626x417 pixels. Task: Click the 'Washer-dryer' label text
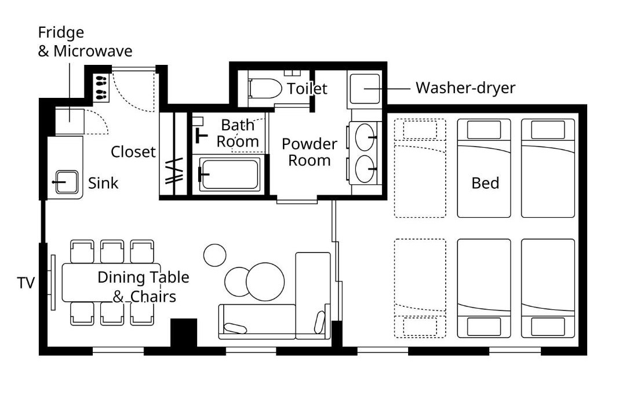pyautogui.click(x=465, y=88)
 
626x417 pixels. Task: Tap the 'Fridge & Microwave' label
pyautogui.click(x=85, y=42)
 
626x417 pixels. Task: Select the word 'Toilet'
pyautogui.click(x=307, y=89)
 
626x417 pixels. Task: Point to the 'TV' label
pyautogui.click(x=26, y=283)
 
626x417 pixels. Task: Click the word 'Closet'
pyautogui.click(x=133, y=152)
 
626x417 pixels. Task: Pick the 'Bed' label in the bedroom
pyautogui.click(x=485, y=183)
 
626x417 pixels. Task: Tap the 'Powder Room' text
pyautogui.click(x=310, y=152)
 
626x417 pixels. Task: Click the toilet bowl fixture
pyautogui.click(x=265, y=89)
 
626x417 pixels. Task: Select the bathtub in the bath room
pyautogui.click(x=230, y=174)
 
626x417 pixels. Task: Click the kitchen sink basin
pyautogui.click(x=67, y=182)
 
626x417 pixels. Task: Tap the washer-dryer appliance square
pyautogui.click(x=365, y=89)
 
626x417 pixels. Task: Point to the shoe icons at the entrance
pyautogui.click(x=101, y=87)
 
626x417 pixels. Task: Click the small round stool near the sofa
pyautogui.click(x=215, y=255)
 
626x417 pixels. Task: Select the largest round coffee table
pyautogui.click(x=265, y=281)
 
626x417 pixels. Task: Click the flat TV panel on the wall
pyautogui.click(x=53, y=282)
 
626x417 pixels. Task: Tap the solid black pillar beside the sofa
pyautogui.click(x=184, y=332)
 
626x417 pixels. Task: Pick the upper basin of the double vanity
pyautogui.click(x=365, y=137)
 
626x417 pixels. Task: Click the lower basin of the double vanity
pyautogui.click(x=365, y=169)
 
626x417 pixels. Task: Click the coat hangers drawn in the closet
pyautogui.click(x=174, y=171)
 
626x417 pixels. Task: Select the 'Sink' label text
pyautogui.click(x=103, y=183)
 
